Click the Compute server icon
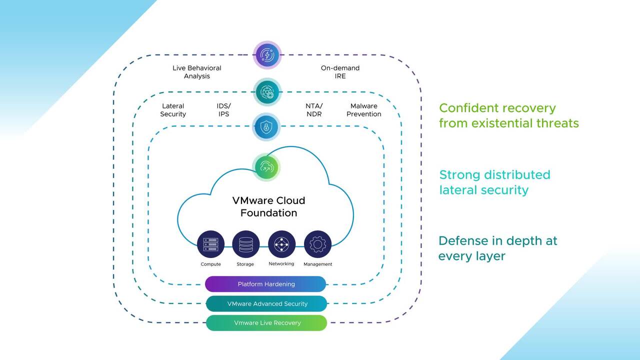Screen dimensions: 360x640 click(x=210, y=244)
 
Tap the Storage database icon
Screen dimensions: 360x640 click(x=246, y=244)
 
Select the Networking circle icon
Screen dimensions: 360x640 click(x=281, y=244)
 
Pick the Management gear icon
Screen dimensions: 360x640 click(x=317, y=244)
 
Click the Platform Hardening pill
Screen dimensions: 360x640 click(x=265, y=284)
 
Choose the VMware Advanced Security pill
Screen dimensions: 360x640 click(x=266, y=303)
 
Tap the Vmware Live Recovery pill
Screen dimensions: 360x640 click(x=266, y=323)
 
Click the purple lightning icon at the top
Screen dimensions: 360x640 click(x=267, y=55)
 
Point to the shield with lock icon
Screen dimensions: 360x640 click(x=266, y=127)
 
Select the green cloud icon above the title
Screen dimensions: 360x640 click(x=266, y=167)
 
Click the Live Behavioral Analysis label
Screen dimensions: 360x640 click(x=196, y=72)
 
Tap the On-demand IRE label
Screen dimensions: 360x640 click(x=340, y=72)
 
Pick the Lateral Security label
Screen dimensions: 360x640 click(x=173, y=110)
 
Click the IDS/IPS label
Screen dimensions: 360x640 click(x=223, y=110)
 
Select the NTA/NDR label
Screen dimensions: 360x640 click(x=314, y=110)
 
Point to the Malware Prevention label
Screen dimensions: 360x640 click(x=363, y=110)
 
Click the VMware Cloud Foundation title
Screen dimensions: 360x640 click(x=268, y=206)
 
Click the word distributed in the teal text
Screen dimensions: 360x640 click(x=517, y=175)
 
